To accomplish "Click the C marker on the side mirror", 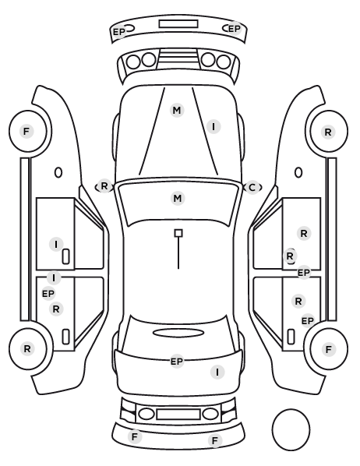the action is (x=252, y=188).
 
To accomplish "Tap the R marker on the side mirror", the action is (x=104, y=186).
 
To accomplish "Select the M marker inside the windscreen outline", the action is (x=178, y=198).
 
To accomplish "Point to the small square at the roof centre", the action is (x=178, y=233).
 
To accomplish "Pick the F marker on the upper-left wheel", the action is (x=26, y=131).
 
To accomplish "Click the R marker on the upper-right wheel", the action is (x=328, y=132).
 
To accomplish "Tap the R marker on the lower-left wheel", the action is (x=27, y=348).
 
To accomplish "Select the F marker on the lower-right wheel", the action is (x=329, y=349).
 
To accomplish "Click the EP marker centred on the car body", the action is (x=177, y=362).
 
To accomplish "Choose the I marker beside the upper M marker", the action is (x=214, y=127).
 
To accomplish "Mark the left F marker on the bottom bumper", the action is (x=135, y=437).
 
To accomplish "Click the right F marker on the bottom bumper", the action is (x=215, y=440).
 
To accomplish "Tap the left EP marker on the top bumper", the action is (x=119, y=31).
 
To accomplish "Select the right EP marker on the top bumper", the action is (x=235, y=29).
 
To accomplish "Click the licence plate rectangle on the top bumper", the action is (x=178, y=24).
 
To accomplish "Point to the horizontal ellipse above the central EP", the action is (x=178, y=333).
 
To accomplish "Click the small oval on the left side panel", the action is (x=58, y=172).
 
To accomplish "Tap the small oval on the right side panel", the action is (x=298, y=172).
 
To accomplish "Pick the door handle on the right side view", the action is (x=291, y=337).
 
